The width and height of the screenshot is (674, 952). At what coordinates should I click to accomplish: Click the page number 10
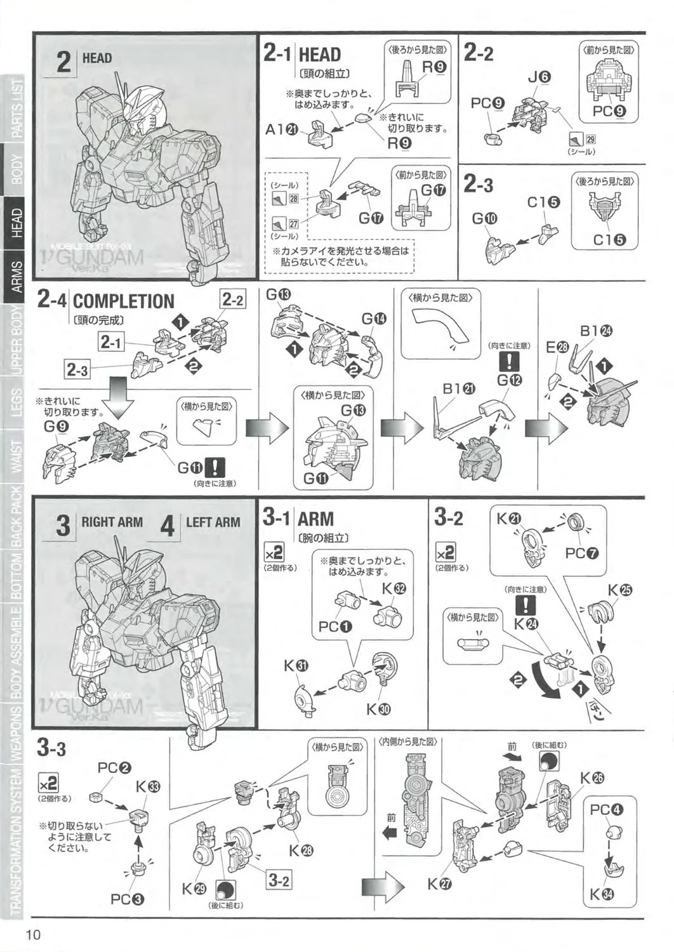tap(34, 935)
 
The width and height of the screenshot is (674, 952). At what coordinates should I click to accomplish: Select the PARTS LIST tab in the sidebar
tap(17, 107)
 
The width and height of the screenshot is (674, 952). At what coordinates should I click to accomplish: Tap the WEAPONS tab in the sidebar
tap(17, 731)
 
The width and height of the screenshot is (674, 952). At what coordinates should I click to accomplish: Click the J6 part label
tap(539, 77)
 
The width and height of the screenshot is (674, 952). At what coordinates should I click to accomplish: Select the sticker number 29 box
tap(590, 140)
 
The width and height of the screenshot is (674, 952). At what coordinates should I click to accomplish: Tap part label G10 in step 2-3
tap(485, 219)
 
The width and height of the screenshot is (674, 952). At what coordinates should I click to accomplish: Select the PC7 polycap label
tap(582, 553)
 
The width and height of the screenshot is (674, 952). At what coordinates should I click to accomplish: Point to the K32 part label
tap(394, 588)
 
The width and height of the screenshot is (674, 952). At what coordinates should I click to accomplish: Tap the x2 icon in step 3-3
tap(48, 781)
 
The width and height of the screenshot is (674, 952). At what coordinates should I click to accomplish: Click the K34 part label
tap(604, 895)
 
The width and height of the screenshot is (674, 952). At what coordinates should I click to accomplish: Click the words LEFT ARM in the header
tap(213, 522)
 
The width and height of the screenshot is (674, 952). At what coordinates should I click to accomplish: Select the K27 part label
tap(440, 883)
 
